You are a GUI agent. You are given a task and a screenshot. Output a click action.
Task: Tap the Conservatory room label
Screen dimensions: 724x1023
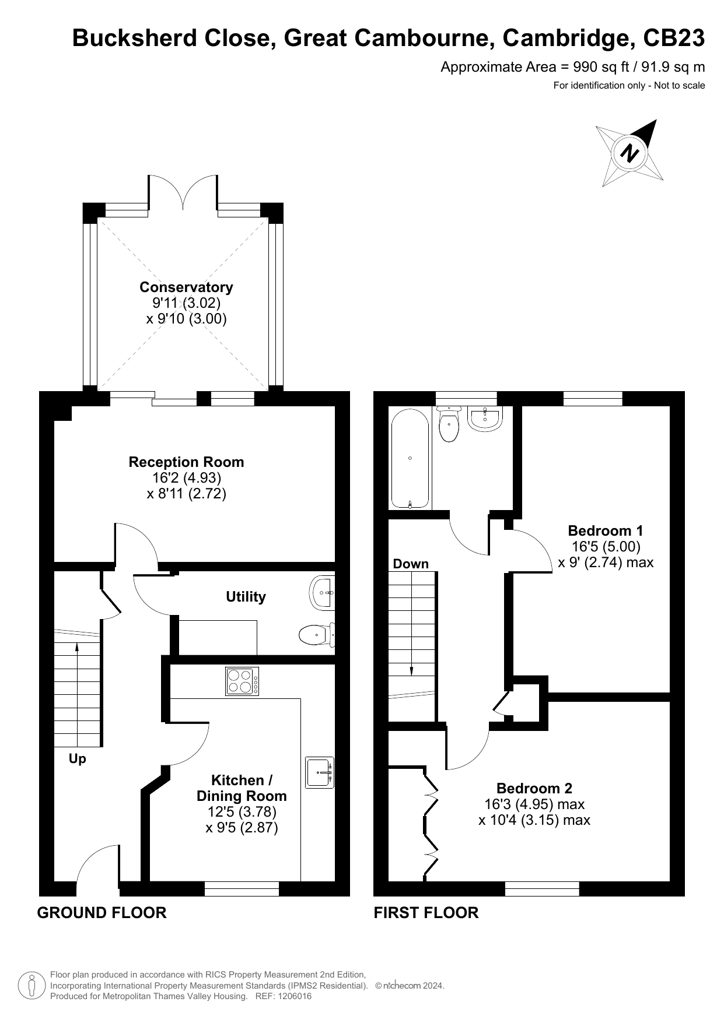click(186, 287)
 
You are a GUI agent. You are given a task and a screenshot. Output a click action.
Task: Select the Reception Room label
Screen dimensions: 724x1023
click(186, 462)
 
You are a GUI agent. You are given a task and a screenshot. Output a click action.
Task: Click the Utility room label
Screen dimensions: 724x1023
click(246, 596)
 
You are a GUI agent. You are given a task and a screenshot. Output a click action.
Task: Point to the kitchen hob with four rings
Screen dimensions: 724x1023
click(242, 681)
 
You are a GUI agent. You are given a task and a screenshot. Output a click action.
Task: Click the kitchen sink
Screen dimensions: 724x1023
click(320, 773)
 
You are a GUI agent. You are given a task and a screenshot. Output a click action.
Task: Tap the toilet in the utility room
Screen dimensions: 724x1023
click(317, 635)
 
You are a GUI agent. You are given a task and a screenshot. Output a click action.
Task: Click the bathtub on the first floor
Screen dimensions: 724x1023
click(410, 459)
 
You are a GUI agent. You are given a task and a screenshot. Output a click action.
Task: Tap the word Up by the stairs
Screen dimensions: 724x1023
click(77, 759)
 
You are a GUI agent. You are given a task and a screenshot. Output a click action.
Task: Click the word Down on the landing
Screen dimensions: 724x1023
click(411, 564)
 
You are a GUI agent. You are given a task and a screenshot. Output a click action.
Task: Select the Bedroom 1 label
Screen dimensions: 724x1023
click(606, 530)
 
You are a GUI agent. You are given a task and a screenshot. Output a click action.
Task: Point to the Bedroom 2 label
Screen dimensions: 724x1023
click(534, 788)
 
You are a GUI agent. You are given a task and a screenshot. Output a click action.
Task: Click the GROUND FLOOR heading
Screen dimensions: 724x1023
click(102, 912)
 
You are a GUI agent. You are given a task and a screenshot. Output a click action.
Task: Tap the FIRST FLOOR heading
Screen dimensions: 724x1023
click(426, 912)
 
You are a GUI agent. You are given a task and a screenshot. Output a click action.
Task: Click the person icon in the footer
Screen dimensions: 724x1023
click(32, 986)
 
